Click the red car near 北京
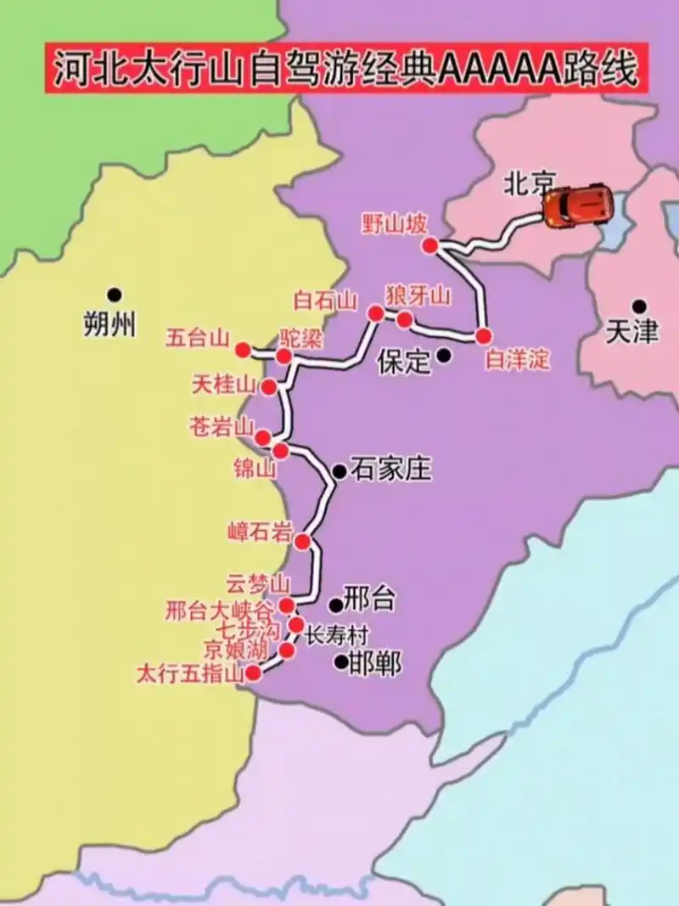576,206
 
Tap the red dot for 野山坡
430,245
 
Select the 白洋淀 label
517,360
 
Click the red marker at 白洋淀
484,335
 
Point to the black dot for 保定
443,357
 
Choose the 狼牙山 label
418,296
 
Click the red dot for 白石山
375,313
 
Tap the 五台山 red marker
243,349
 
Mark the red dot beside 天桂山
269,387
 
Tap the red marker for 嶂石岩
302,542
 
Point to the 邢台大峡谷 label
220,610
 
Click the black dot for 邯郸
340,661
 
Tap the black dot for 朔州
115,295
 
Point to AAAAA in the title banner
493,70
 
